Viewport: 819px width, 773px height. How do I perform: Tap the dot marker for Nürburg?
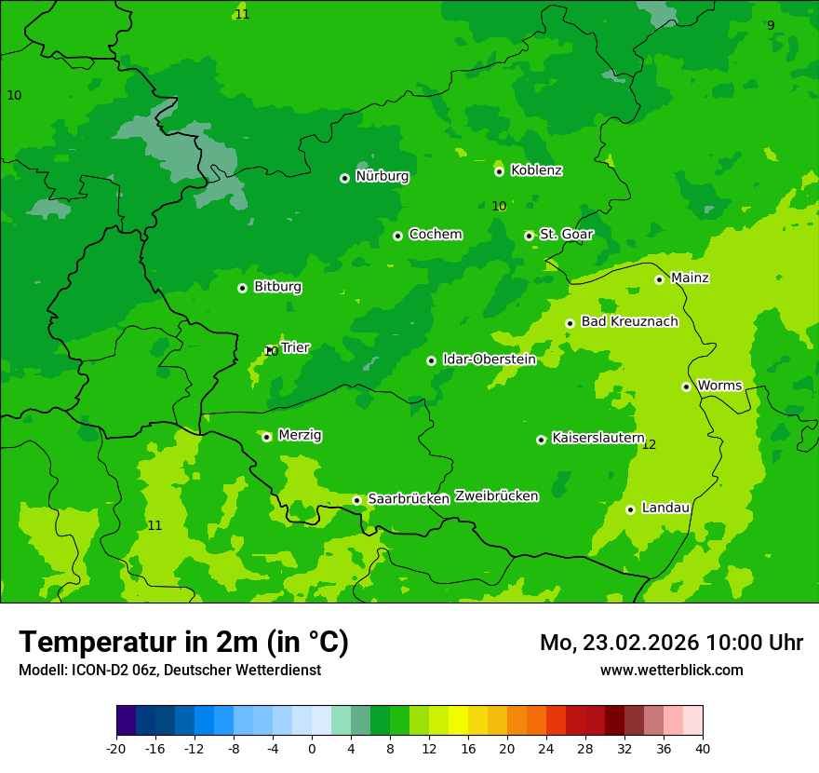[344, 178]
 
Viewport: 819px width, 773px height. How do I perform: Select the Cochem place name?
[435, 235]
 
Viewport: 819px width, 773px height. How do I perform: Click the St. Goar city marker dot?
[529, 236]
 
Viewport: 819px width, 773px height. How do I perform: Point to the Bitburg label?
[277, 287]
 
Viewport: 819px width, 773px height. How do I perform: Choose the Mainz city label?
[690, 278]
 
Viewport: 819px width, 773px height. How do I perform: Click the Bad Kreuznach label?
[629, 322]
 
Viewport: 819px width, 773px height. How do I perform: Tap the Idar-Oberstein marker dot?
[431, 360]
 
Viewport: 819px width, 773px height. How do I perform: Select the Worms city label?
[719, 386]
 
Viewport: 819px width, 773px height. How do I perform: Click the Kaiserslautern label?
[598, 438]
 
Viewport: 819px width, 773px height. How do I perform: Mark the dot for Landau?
[630, 509]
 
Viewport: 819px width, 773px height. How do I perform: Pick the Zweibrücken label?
[496, 496]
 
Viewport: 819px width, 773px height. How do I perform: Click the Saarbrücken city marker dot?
[356, 500]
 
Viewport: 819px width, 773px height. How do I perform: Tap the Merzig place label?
[300, 436]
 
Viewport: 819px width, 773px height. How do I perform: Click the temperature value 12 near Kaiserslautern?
[649, 445]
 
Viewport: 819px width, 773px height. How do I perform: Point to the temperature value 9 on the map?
[771, 25]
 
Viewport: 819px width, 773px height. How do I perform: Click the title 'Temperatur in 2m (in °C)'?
[183, 642]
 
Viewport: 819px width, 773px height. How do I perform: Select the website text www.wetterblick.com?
[671, 670]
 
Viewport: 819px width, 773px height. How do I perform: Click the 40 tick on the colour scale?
[703, 748]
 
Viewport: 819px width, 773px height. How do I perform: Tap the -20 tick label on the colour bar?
[116, 748]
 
